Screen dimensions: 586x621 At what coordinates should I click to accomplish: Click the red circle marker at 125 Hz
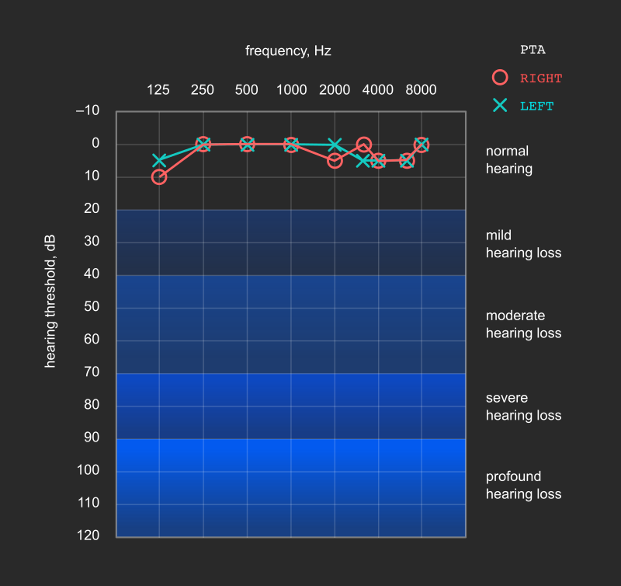(159, 177)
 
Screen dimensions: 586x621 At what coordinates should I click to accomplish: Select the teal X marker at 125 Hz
(159, 160)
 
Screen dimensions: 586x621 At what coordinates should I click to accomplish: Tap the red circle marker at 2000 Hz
(335, 161)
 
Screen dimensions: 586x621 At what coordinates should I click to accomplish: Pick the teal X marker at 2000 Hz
(335, 145)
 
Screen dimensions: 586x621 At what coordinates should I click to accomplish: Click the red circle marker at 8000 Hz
(422, 145)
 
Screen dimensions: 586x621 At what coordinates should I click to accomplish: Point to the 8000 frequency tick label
(421, 90)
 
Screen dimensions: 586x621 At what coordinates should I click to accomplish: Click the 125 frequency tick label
(158, 90)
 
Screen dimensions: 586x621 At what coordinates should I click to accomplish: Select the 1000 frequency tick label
(291, 90)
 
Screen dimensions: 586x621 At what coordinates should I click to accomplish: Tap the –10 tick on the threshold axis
(88, 110)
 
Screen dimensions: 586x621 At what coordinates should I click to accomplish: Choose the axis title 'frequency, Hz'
(288, 51)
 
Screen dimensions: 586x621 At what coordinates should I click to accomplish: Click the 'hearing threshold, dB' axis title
(51, 302)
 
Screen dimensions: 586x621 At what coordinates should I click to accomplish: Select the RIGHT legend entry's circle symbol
(500, 78)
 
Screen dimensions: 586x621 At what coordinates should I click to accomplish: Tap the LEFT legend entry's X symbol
(500, 105)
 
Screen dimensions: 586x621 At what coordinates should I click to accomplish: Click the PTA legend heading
(533, 51)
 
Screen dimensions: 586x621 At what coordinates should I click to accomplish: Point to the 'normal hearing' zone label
(509, 160)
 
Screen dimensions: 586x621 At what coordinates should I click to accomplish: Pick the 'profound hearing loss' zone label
(523, 485)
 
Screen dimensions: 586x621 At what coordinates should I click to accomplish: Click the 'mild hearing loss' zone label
(523, 244)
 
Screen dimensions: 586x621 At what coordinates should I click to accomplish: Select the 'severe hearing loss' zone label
(523, 406)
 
